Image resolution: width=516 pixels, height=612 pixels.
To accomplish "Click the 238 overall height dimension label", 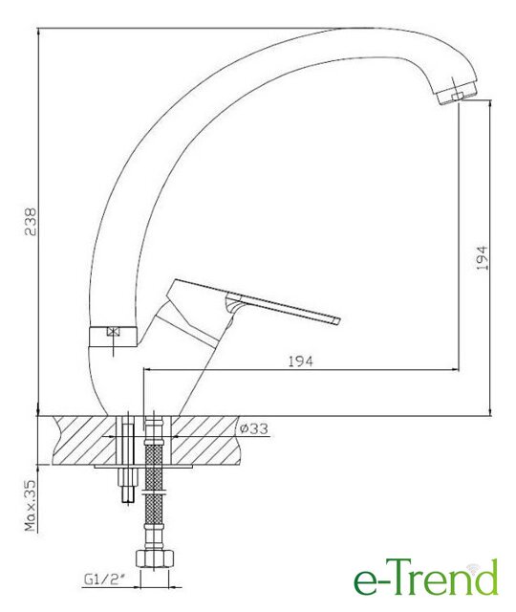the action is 30,222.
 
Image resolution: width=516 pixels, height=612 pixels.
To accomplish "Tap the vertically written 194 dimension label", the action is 482,258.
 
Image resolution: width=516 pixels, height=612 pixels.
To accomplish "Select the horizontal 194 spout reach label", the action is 300,361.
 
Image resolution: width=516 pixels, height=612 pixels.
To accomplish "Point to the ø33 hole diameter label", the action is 254,428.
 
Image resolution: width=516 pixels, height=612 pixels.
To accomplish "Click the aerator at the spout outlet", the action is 457,94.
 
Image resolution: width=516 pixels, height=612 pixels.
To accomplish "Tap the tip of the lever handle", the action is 337,320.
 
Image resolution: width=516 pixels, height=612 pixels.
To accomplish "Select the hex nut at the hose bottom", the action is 155,558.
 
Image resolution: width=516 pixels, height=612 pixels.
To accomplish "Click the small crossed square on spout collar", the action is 113,332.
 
